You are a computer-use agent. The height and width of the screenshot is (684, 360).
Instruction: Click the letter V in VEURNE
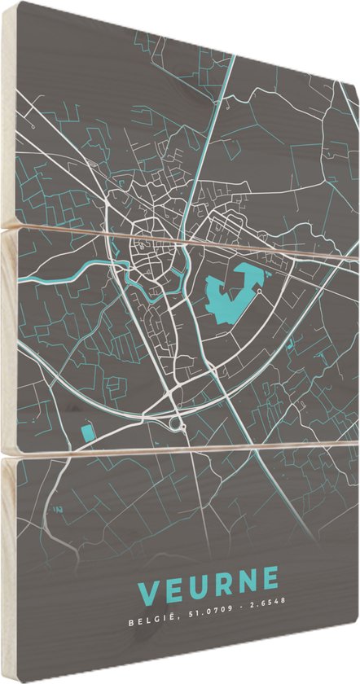(150, 590)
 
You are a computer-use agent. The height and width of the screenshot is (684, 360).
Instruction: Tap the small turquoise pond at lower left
(86, 432)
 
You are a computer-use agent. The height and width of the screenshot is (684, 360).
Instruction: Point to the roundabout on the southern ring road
(176, 423)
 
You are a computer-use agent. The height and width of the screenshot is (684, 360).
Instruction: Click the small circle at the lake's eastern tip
(259, 291)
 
